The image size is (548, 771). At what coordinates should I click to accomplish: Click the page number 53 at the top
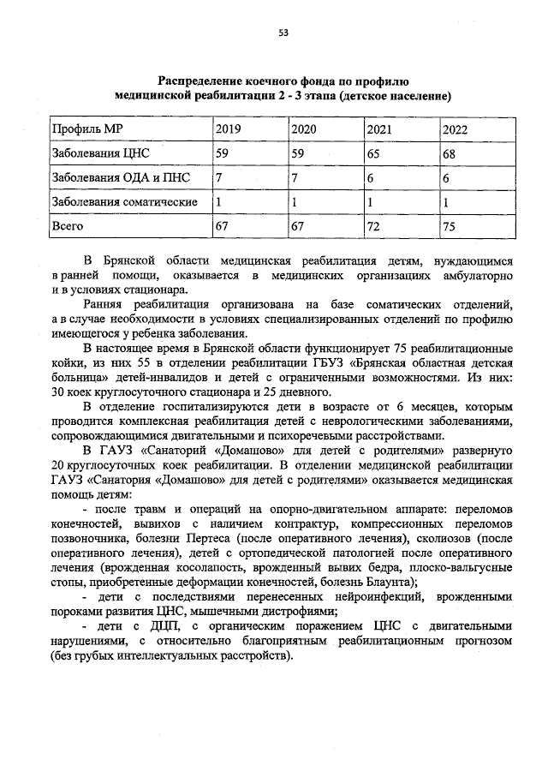tap(283, 33)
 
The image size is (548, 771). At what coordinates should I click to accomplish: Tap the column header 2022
tap(455, 130)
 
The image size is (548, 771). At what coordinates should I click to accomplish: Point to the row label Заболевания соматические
tap(125, 202)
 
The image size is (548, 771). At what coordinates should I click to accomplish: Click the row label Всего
tap(68, 226)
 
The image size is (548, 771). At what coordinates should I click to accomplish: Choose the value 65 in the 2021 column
tap(373, 154)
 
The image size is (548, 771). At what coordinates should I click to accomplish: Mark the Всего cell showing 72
tap(373, 227)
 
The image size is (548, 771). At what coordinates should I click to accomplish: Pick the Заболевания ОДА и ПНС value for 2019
tap(219, 178)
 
